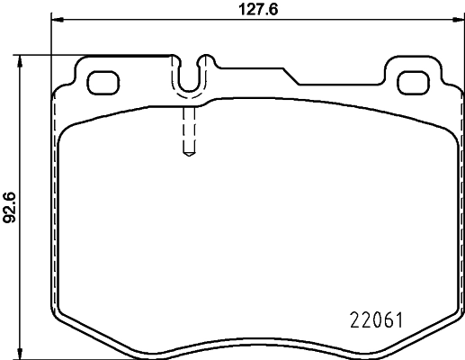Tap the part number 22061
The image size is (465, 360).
(x=373, y=319)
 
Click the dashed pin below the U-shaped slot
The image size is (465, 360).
(x=188, y=130)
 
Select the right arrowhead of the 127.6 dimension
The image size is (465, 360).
(x=459, y=21)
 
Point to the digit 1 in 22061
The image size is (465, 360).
(x=397, y=319)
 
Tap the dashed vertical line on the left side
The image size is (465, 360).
(x=55, y=198)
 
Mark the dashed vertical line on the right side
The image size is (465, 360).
(x=458, y=198)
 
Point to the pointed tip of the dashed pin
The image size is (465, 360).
(x=188, y=155)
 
